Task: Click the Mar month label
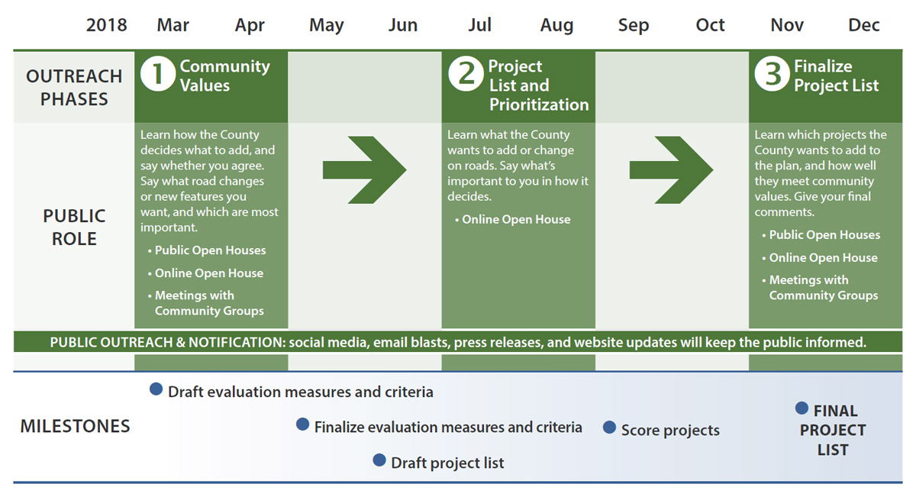(x=173, y=25)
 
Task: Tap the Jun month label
(x=403, y=25)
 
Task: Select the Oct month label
(x=710, y=25)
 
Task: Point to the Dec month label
(x=863, y=25)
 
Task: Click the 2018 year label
(x=106, y=25)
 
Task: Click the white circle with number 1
(x=158, y=74)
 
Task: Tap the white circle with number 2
(x=466, y=74)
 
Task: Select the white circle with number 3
(x=772, y=74)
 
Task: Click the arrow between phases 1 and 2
(x=364, y=169)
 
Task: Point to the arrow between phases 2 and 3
(x=671, y=169)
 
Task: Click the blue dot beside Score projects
(x=609, y=428)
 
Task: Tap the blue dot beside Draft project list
(x=379, y=460)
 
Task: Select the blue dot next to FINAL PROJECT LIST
(x=802, y=408)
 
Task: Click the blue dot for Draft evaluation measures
(x=156, y=389)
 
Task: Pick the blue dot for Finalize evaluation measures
(x=302, y=424)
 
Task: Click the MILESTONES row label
(x=76, y=426)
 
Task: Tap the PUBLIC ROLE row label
(x=74, y=227)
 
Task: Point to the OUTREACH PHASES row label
(x=74, y=88)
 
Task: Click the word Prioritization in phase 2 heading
(x=539, y=105)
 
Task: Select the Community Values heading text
(x=225, y=76)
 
